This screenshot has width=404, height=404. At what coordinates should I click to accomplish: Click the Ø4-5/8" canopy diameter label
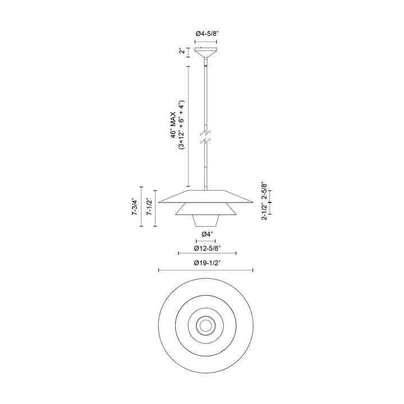click(207, 34)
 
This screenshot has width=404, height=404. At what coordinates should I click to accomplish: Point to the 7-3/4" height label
click(134, 206)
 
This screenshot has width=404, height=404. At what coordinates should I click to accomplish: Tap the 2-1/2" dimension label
click(264, 212)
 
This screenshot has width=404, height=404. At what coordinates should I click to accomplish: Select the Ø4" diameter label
click(207, 234)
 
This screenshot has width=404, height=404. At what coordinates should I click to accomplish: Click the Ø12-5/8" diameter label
click(208, 249)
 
